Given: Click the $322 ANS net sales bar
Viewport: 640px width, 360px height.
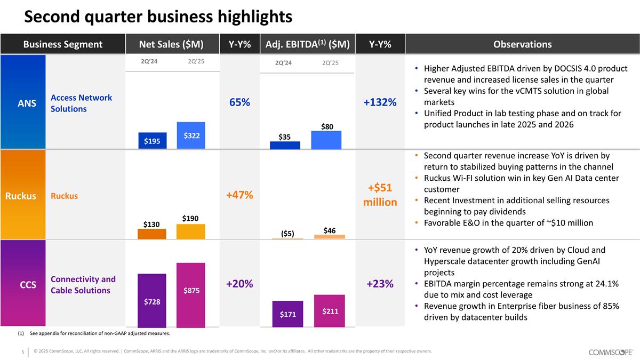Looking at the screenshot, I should pos(191,135).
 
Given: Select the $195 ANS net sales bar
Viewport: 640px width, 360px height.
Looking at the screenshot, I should pos(152,140).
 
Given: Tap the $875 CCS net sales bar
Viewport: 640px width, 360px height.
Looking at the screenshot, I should pos(191,295).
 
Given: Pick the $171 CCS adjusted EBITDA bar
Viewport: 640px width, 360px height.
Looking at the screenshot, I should pos(287,315).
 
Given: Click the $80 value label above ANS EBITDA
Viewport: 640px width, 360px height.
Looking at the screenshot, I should pos(326,126).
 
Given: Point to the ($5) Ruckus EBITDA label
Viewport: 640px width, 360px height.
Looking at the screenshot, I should pos(287,233).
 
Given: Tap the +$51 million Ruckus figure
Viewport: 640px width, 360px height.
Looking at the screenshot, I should pos(380,195).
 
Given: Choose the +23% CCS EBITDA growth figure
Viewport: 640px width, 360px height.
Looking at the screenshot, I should pos(380,284).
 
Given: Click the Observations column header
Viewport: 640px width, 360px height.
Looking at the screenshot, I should pos(522,44).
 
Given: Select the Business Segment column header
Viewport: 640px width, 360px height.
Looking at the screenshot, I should pos(62,44).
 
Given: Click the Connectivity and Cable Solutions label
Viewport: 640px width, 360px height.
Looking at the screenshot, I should pos(83,285).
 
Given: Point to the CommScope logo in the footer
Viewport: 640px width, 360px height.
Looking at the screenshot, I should pos(611,352).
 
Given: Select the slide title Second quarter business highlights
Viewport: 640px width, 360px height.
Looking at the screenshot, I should pos(158,17).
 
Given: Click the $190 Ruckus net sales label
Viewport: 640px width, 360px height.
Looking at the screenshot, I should pos(191,218).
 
